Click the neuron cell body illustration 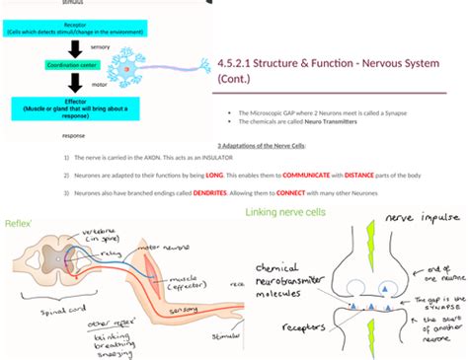pos(126,69)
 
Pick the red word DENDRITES pos(210,192)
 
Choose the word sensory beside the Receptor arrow pos(100,46)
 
